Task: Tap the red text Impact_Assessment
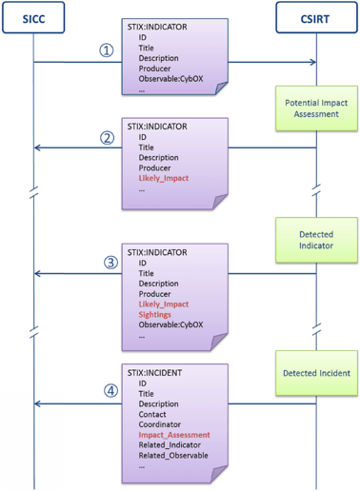174,435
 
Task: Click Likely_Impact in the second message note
164,176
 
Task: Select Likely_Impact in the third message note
164,303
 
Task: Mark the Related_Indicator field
173,445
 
